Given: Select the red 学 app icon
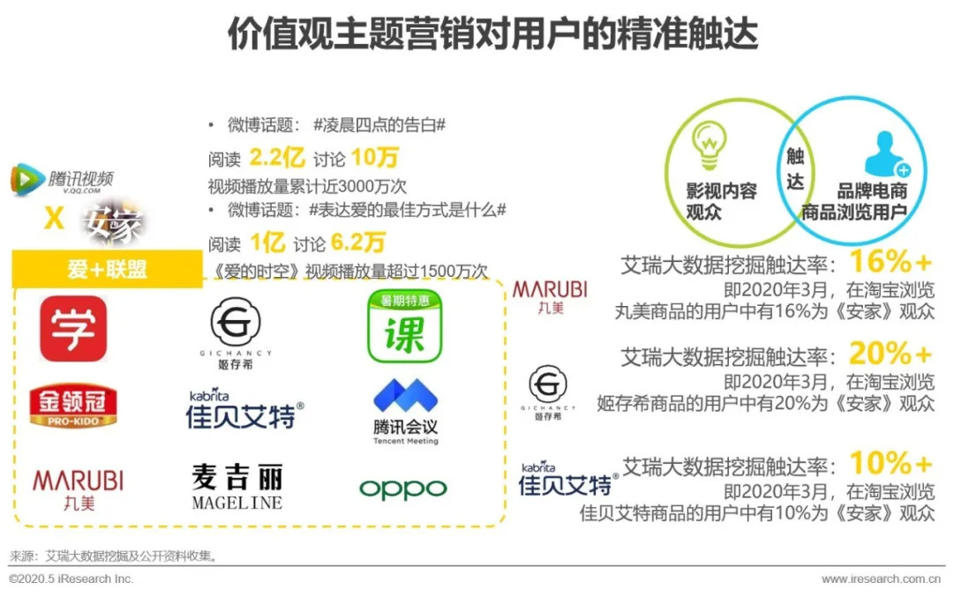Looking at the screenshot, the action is [x=73, y=329].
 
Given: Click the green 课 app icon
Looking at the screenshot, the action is [x=404, y=328].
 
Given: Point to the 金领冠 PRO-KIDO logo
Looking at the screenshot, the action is [x=73, y=405].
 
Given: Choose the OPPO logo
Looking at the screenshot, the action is [x=402, y=489].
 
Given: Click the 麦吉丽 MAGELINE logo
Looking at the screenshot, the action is [x=236, y=488].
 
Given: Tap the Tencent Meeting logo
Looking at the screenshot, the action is [x=405, y=411].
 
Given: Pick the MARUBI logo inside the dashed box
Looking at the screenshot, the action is [x=78, y=488].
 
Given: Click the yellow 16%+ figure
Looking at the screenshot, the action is [x=889, y=262].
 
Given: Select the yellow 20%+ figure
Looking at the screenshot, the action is [x=889, y=354].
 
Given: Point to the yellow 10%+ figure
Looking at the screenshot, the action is [x=889, y=464].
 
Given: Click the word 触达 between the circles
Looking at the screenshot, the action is [x=795, y=169].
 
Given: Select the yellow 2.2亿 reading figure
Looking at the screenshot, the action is [x=277, y=159].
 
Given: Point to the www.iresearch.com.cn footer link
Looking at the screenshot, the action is [x=881, y=579].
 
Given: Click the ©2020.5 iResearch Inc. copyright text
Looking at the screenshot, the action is [x=71, y=579].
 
